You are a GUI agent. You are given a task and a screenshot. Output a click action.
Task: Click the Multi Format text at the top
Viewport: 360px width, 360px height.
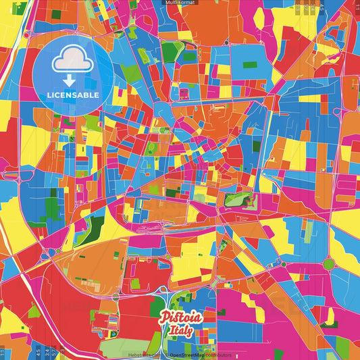click(180, 3)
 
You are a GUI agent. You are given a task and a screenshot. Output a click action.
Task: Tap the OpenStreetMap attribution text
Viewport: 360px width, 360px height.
click(189, 355)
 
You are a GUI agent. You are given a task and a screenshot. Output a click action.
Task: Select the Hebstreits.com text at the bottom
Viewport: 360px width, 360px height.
click(145, 355)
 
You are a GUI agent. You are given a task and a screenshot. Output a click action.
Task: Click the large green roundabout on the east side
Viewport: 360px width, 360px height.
click(331, 263)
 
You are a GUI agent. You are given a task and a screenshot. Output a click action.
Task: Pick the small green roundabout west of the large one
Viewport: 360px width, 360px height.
click(283, 263)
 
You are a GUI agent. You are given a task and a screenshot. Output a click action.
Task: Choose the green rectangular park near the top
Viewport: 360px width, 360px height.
click(172, 49)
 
